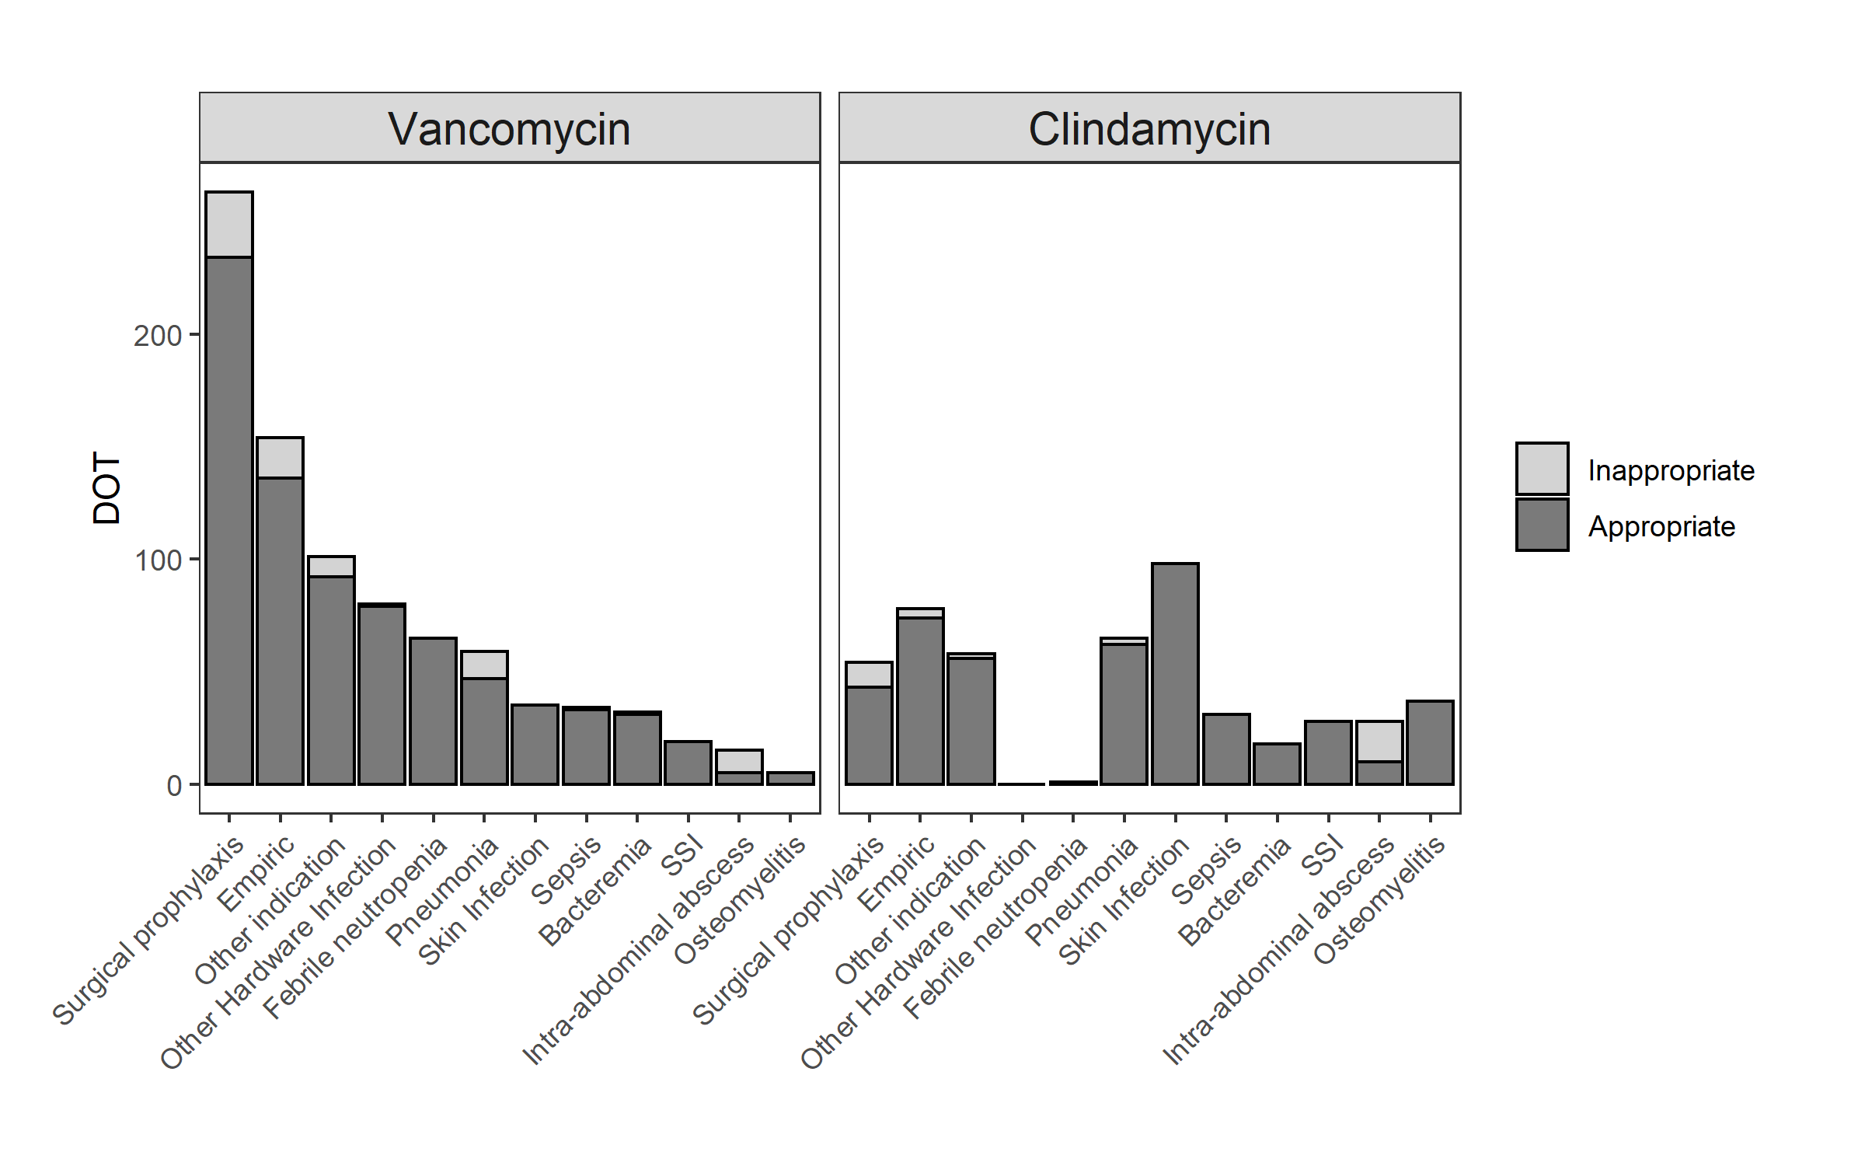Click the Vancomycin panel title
509,129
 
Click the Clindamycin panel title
1149,129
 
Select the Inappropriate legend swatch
1542,469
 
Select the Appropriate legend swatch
1542,525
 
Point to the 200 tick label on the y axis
158,336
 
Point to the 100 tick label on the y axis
158,560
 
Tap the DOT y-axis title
106,488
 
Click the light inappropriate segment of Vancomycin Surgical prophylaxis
229,224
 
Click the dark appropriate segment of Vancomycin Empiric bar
280,630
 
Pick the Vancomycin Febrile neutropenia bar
433,711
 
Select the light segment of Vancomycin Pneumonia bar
484,665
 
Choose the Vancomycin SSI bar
688,763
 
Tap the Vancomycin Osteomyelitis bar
790,778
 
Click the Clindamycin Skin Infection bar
1175,673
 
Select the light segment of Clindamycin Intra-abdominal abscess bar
1379,742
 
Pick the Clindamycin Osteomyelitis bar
1430,742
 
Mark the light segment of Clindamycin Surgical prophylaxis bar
869,674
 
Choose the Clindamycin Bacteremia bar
1277,764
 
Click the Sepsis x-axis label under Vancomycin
567,870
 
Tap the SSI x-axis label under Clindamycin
1323,854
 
